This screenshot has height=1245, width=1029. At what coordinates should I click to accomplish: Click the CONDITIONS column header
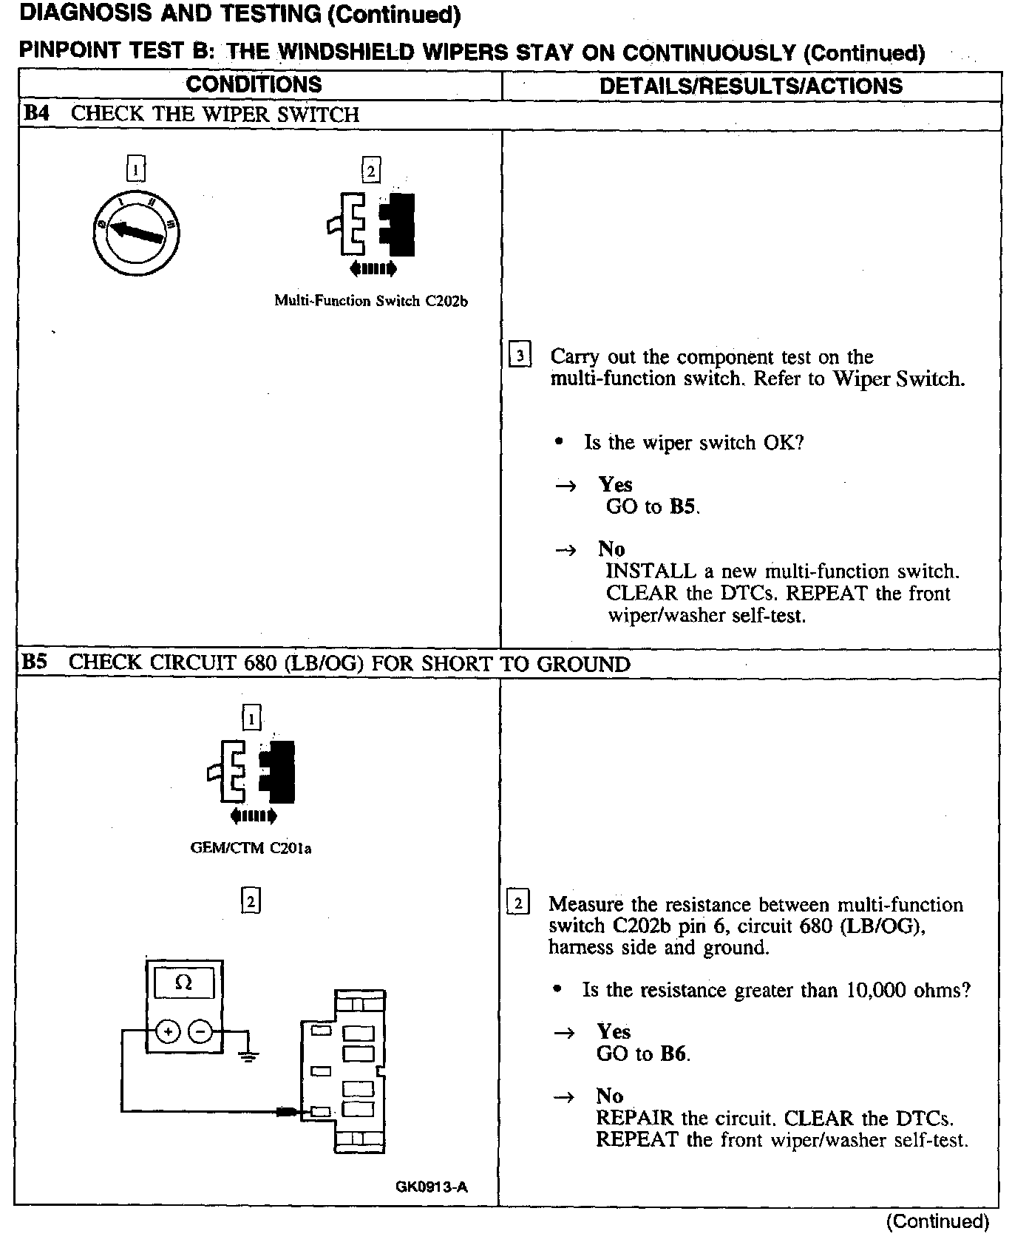click(254, 84)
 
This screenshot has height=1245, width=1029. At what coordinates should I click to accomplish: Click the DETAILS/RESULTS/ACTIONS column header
click(750, 86)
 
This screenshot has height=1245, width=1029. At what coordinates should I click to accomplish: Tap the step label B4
click(37, 114)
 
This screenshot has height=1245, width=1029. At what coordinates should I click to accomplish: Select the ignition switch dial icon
click(137, 233)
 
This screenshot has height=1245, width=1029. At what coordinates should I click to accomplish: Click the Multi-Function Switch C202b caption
click(371, 301)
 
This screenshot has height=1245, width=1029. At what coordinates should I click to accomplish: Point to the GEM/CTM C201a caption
click(251, 848)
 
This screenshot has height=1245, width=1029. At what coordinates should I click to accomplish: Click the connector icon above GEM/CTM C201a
click(252, 772)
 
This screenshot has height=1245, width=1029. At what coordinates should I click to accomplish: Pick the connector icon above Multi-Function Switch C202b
click(372, 225)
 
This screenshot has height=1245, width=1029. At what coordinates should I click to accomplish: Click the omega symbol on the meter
click(184, 983)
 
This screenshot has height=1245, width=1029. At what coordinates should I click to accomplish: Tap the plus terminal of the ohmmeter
click(168, 1031)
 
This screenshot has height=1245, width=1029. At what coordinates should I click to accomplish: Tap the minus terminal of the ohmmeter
click(200, 1031)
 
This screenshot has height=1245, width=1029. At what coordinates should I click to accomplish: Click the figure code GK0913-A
click(432, 1187)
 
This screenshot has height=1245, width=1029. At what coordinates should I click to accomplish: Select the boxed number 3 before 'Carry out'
click(520, 356)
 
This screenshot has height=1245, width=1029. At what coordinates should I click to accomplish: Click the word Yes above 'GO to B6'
click(614, 1031)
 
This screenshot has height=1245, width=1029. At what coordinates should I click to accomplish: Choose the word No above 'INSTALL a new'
click(611, 549)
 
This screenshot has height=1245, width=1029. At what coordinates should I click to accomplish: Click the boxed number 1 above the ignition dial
click(136, 170)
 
